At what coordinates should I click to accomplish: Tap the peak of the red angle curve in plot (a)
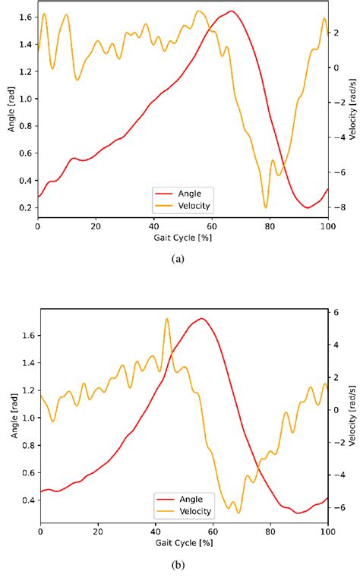pos(231,11)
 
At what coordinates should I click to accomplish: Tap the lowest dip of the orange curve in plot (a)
pos(266,207)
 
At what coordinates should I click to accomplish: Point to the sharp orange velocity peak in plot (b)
pos(167,319)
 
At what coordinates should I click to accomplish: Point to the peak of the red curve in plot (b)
pos(201,318)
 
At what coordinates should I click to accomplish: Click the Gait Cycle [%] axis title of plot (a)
pos(183,237)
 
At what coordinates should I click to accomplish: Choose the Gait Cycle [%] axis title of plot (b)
pos(183,542)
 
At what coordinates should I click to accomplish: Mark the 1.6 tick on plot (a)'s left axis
pos(24,17)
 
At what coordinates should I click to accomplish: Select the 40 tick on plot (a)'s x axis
pos(153,226)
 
